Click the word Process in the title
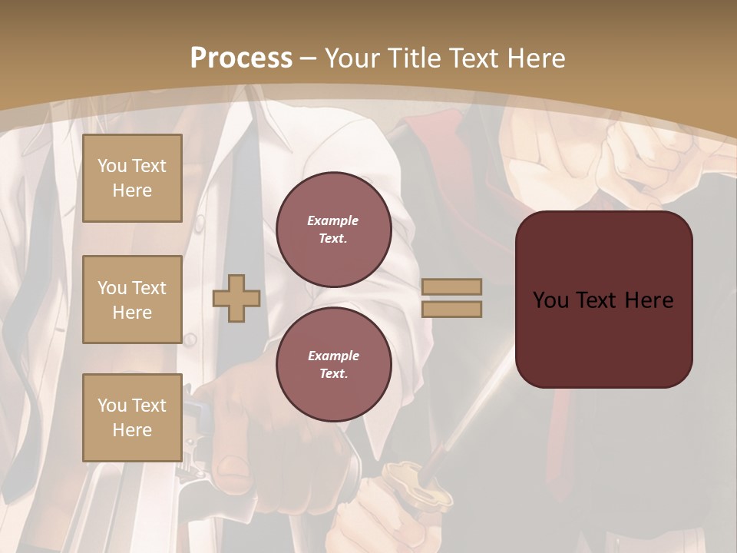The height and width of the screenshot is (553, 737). [241, 58]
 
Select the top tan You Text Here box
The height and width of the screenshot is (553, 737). [132, 178]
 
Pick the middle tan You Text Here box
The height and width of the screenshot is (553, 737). [132, 300]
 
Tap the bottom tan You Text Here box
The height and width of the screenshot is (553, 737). [132, 417]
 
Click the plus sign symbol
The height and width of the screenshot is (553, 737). [236, 298]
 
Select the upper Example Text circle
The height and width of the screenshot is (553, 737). [333, 229]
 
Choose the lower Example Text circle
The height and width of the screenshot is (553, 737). [333, 364]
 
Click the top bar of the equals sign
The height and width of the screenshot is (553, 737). [451, 286]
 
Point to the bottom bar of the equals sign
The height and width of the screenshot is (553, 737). [451, 310]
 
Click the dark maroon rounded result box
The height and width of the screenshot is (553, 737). [603, 300]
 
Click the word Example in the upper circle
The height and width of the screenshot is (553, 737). [333, 220]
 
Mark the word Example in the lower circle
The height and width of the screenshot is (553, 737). [333, 356]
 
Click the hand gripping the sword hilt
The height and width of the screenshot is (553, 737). [376, 515]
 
